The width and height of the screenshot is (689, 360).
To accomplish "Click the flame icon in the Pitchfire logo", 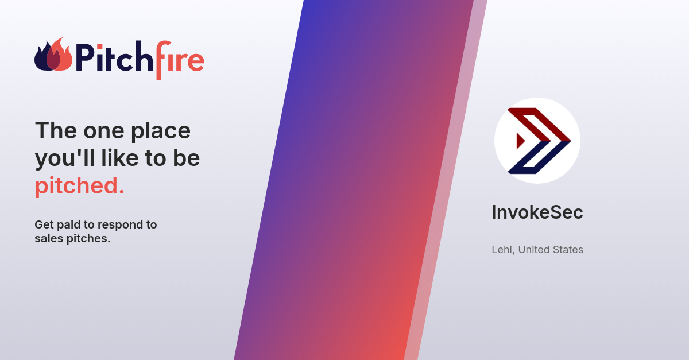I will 53,56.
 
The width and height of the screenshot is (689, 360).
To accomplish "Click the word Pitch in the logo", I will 105,58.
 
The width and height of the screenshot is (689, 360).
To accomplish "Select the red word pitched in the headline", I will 79,186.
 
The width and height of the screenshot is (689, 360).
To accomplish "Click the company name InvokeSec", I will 537,212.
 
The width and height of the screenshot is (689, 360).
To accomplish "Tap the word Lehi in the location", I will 502,250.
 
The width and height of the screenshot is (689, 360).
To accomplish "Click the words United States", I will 550,250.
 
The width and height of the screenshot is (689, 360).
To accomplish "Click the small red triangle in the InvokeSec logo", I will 521,141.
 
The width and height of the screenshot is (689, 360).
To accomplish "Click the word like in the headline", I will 121,158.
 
